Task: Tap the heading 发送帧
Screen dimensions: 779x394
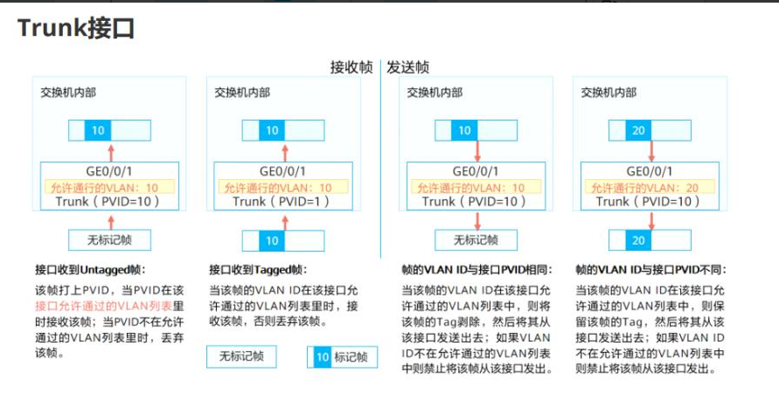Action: [x=408, y=67]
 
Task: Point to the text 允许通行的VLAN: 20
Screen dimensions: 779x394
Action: [x=650, y=187]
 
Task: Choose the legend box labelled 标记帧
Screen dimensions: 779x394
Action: [x=341, y=356]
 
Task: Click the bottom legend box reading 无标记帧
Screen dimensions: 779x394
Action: [x=240, y=356]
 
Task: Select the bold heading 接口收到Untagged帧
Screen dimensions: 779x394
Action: [x=90, y=270]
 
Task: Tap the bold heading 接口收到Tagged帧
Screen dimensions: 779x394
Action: [x=258, y=270]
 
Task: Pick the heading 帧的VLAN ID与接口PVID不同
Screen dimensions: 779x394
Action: [x=651, y=270]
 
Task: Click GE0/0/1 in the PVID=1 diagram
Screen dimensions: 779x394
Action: [x=283, y=172]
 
